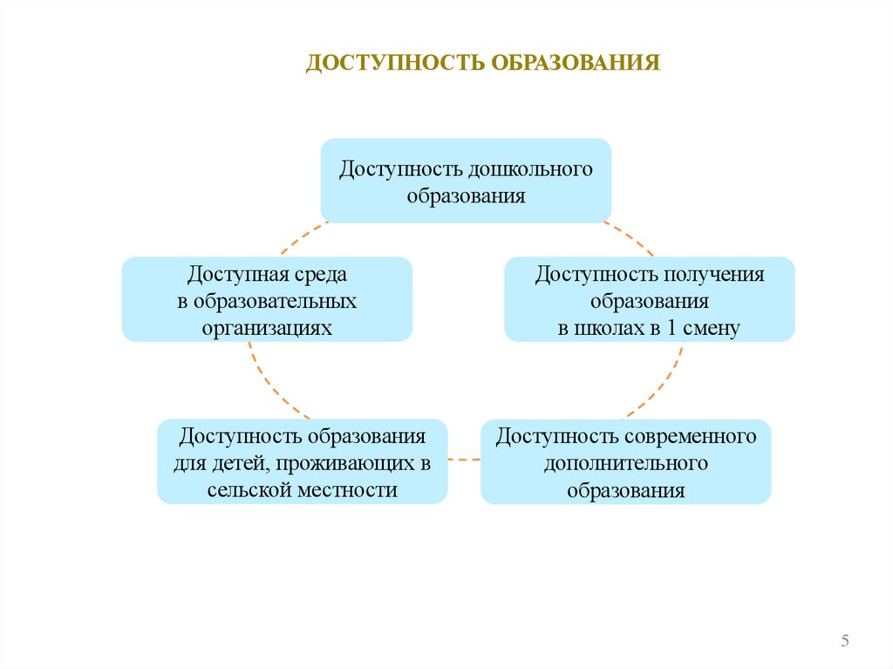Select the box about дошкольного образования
click(466, 180)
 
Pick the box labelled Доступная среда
click(267, 298)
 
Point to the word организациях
click(268, 328)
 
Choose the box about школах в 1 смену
click(649, 298)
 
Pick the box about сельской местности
click(303, 461)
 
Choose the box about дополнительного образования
click(626, 461)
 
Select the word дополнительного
click(626, 462)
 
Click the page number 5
click(845, 642)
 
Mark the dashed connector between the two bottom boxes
click(464, 458)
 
